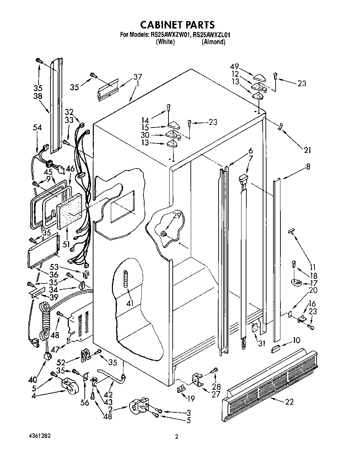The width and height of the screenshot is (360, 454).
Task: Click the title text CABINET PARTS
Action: pyautogui.click(x=178, y=25)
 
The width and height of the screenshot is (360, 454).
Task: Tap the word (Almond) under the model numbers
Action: pyautogui.click(x=213, y=42)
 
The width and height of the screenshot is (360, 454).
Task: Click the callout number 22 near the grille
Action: pyautogui.click(x=289, y=402)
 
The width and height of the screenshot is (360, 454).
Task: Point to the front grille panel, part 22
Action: pyautogui.click(x=271, y=379)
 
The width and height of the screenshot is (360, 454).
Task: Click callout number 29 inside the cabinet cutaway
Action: pyautogui.click(x=177, y=216)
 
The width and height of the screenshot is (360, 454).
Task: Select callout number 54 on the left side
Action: pyautogui.click(x=37, y=128)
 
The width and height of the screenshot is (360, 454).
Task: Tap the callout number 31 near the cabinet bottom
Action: pyautogui.click(x=262, y=343)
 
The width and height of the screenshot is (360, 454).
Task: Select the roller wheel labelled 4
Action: pyautogui.click(x=68, y=385)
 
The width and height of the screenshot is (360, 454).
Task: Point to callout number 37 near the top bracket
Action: pyautogui.click(x=138, y=77)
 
